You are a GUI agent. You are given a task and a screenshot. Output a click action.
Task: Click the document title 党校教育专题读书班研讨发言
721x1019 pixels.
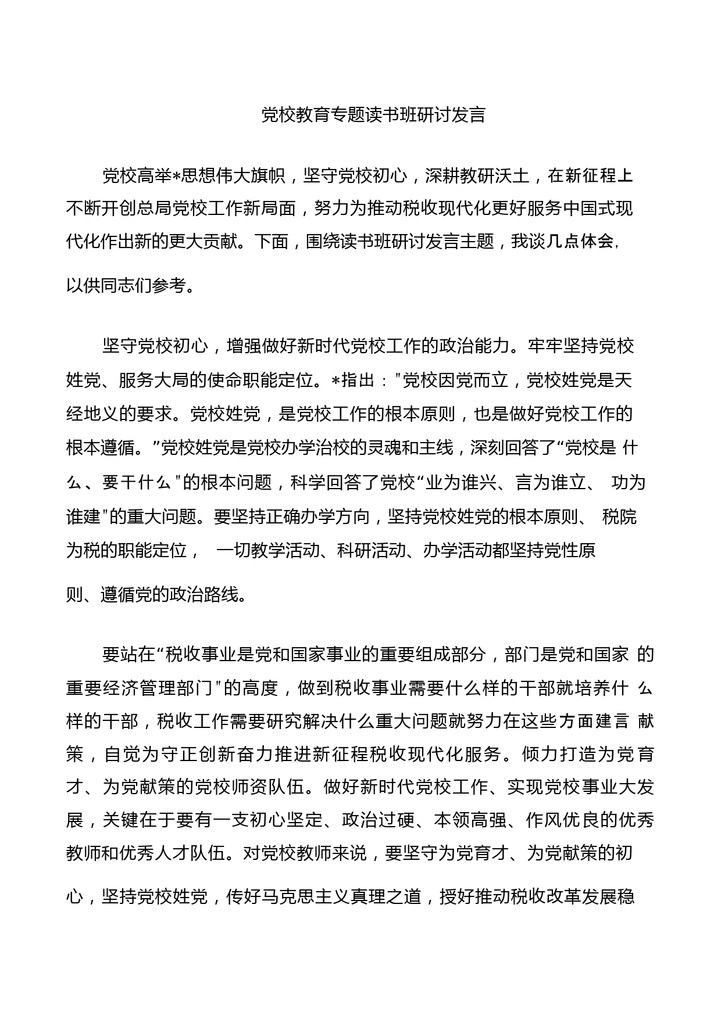pyautogui.click(x=373, y=115)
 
